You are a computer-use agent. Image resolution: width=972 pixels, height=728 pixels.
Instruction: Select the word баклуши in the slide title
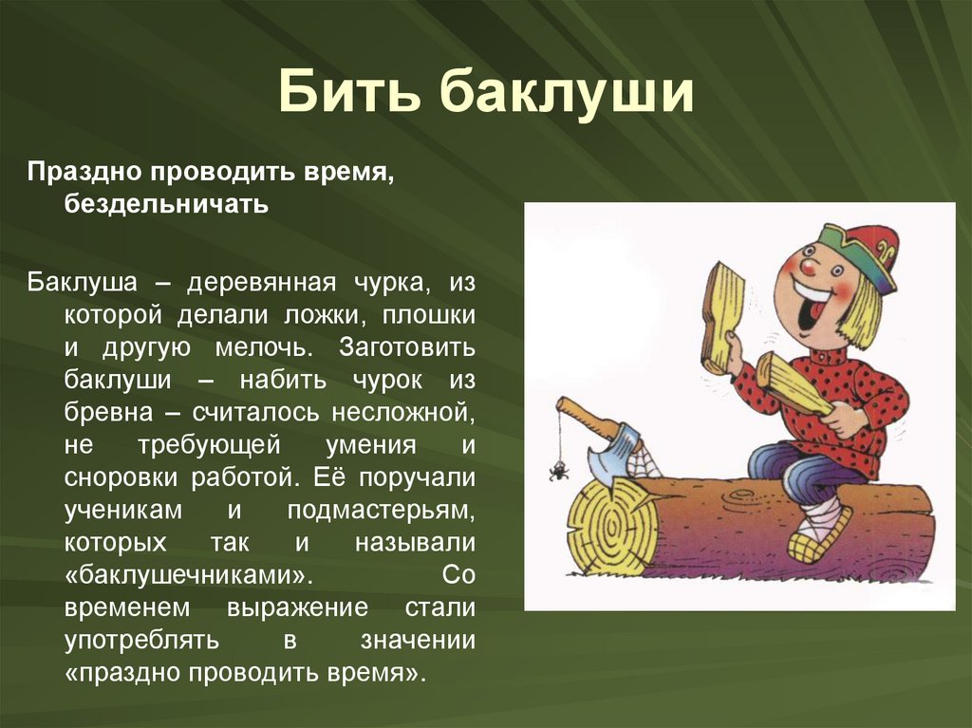(567, 95)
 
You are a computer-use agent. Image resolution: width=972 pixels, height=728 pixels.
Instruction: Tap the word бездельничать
(166, 204)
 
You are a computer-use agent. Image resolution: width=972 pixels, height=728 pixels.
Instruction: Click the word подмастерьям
(381, 509)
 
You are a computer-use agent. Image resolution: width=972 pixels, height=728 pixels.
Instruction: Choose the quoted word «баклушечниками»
(189, 574)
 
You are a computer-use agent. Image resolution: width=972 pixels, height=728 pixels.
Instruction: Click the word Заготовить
(406, 346)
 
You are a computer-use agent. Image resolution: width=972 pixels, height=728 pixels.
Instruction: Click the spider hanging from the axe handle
(559, 469)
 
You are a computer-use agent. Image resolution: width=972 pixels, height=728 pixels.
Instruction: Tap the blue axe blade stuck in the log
(607, 454)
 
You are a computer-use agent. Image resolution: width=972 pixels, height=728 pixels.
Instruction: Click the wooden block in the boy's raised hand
(722, 313)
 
